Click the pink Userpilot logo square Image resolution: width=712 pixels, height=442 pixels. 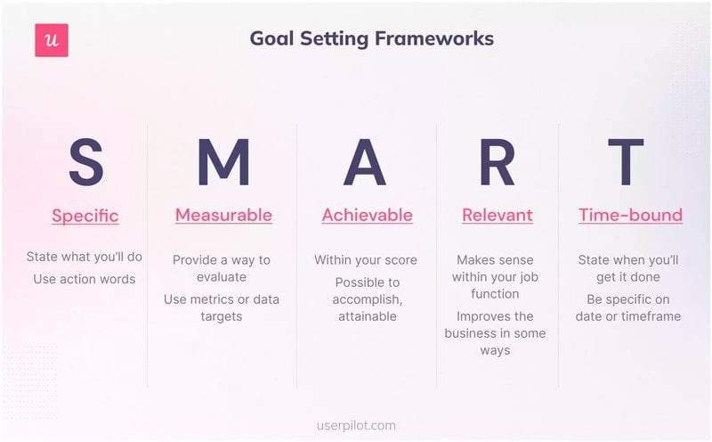52,40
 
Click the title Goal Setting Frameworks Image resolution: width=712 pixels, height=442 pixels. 371,39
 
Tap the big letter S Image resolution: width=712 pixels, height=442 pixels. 85,162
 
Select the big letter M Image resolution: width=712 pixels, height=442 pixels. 223,162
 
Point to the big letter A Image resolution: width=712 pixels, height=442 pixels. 365,162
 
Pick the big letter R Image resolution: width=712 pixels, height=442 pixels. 497,162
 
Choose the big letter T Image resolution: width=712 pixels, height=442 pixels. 626,162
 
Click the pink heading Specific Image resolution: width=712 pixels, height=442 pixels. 85,216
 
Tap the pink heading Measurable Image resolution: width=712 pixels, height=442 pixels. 223,215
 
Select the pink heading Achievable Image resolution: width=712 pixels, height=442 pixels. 367,215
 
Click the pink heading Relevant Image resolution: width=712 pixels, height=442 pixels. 497,215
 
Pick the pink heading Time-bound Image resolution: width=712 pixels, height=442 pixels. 630,215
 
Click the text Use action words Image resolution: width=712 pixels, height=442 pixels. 85,279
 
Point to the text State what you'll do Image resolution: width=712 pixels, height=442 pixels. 85,258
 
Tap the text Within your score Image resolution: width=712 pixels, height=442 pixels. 365,260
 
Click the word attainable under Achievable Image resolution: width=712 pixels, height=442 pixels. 367,316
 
